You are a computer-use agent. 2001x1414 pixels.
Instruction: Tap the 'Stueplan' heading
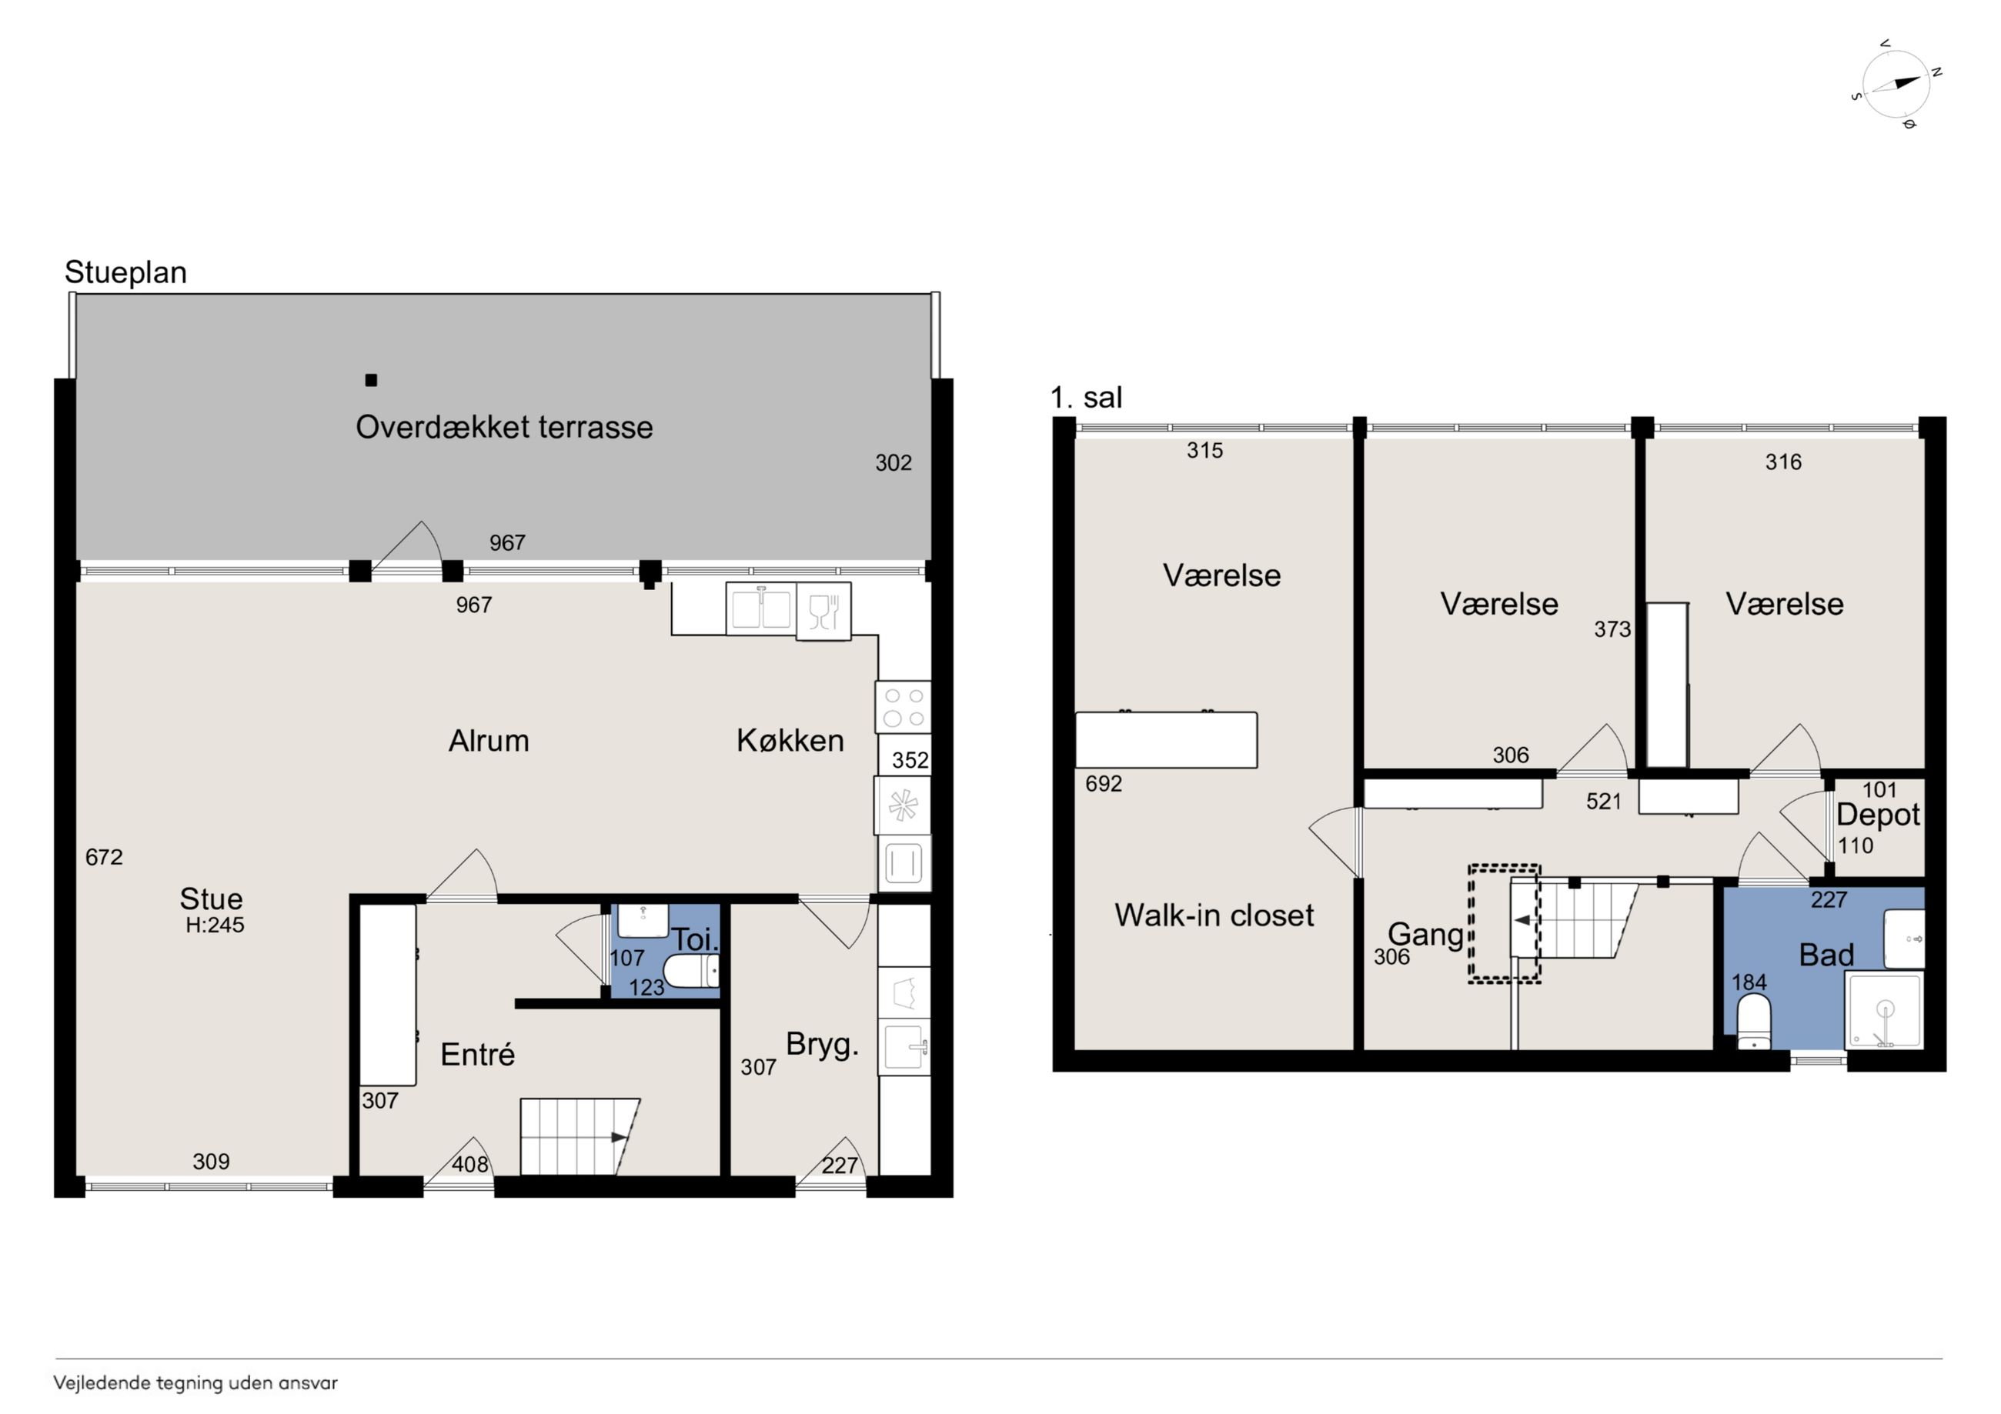pyautogui.click(x=125, y=272)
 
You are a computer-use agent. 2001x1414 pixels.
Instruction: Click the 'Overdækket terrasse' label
pyautogui.click(x=504, y=427)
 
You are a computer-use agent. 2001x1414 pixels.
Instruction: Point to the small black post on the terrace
pyautogui.click(x=371, y=380)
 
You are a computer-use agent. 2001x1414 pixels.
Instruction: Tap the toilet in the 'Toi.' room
pyautogui.click(x=691, y=971)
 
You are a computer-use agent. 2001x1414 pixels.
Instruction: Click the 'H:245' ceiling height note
pyautogui.click(x=215, y=925)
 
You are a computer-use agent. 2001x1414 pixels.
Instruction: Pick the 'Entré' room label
pyautogui.click(x=478, y=1054)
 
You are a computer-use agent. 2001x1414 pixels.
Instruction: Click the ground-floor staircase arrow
pyautogui.click(x=619, y=1137)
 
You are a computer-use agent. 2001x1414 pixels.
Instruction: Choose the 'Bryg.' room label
pyautogui.click(x=822, y=1044)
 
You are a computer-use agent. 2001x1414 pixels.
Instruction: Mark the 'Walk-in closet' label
pyautogui.click(x=1214, y=915)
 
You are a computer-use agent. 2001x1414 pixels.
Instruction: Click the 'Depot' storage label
pyautogui.click(x=1878, y=815)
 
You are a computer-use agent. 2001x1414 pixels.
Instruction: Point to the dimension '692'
pyautogui.click(x=1104, y=784)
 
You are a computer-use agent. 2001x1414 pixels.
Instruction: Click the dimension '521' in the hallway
pyautogui.click(x=1604, y=802)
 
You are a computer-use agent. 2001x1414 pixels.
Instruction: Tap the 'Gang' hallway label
pyautogui.click(x=1426, y=935)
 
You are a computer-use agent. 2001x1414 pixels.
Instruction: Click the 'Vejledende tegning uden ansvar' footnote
pyautogui.click(x=195, y=1382)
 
